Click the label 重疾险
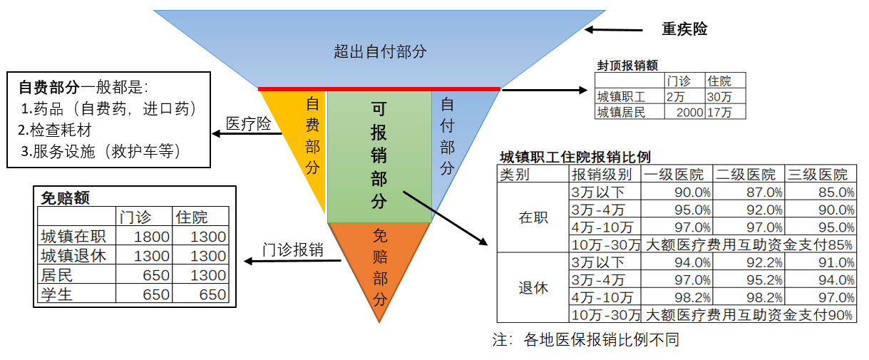[x=684, y=29]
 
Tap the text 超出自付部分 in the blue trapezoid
[x=380, y=51]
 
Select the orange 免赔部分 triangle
[x=379, y=267]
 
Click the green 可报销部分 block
[x=379, y=155]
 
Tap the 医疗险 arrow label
[x=249, y=124]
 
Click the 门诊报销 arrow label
[x=292, y=250]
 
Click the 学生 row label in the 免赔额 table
[x=58, y=294]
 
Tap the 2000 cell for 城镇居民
[x=684, y=111]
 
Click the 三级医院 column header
[x=820, y=175]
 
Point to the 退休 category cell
[x=533, y=289]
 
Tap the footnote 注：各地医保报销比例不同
[x=586, y=340]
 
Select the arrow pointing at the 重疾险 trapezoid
[x=617, y=30]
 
